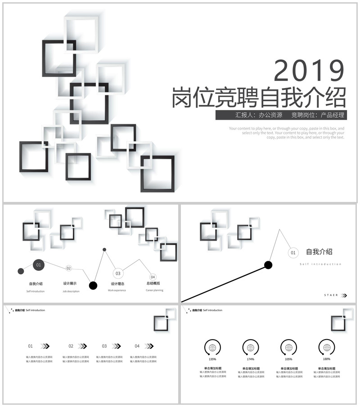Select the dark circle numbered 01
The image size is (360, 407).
(39, 265)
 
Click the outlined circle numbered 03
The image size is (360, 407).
(118, 273)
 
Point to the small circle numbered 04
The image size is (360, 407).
(153, 277)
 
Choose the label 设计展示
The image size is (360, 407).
(70, 284)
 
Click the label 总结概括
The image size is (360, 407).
(153, 283)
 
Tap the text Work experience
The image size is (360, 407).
(117, 291)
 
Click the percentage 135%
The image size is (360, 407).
(212, 359)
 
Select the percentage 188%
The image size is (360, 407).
(327, 359)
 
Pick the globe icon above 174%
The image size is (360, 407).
(251, 347)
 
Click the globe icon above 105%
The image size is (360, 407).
(288, 347)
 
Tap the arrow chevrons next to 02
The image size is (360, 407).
(82, 346)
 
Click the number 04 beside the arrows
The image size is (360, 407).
(137, 346)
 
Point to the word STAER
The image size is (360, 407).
(331, 295)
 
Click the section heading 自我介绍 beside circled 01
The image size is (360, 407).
(319, 252)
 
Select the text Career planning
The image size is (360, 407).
(154, 291)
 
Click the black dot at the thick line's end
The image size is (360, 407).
(268, 264)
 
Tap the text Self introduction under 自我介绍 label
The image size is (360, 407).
(36, 291)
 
